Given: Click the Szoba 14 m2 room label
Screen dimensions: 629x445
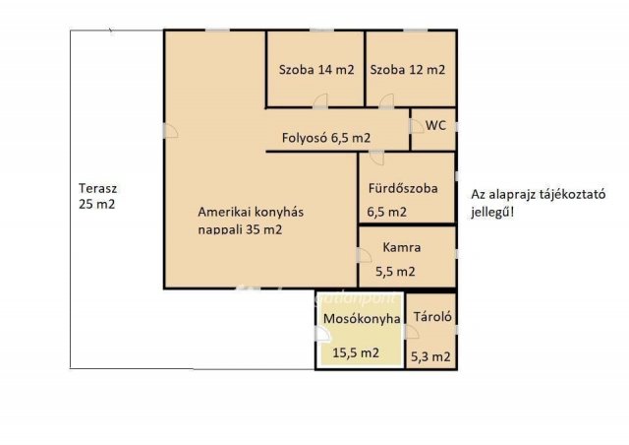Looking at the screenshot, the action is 316,70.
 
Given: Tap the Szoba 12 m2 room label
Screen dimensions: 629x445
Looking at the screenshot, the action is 408,70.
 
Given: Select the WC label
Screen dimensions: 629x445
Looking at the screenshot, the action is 435,125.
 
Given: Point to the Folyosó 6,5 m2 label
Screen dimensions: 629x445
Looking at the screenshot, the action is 325,138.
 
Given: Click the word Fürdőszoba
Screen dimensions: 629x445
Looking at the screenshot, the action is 403,188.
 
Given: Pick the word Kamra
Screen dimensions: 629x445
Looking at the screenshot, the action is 402,247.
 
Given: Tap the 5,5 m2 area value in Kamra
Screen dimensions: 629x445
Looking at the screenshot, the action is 395,272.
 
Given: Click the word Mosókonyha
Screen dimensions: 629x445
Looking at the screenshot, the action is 362,319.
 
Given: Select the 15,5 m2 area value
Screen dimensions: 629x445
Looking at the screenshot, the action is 356,352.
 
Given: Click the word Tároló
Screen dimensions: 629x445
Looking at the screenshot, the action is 432,317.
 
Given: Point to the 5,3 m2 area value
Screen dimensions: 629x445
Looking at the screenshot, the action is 430,356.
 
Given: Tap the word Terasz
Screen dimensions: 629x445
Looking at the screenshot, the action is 97,188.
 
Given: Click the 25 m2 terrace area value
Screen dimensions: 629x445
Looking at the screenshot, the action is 96,204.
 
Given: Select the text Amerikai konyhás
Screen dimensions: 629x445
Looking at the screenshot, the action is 251,212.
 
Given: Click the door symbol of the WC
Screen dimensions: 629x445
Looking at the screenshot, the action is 417,126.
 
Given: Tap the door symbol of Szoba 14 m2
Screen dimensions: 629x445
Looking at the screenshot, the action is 320,100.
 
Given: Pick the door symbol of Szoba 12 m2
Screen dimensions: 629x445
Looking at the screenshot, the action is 386,100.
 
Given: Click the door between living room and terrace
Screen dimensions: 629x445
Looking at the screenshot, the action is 170,130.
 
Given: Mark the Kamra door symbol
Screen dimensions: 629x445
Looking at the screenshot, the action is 365,255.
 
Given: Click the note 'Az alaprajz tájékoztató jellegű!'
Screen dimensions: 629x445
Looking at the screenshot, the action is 538,204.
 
